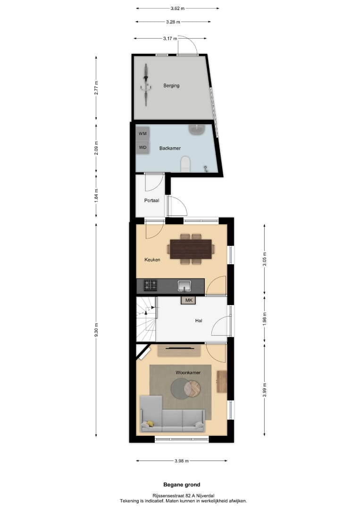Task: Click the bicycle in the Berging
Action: pos(146,85)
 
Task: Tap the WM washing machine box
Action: pos(142,134)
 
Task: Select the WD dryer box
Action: pos(142,147)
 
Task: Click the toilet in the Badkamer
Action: pos(186,164)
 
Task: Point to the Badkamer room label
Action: pos(170,148)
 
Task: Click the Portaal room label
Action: pos(151,200)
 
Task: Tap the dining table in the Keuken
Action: pos(191,249)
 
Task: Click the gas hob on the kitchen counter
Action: pos(151,285)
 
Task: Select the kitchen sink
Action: pos(184,285)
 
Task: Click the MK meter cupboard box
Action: pos(188,300)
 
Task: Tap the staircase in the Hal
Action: pos(146,319)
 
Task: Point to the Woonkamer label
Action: pos(188,373)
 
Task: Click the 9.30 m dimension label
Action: pos(96,330)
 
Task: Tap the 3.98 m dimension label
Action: pos(181,461)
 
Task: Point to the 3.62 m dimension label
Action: pos(177,8)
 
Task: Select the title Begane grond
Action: pos(182,484)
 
